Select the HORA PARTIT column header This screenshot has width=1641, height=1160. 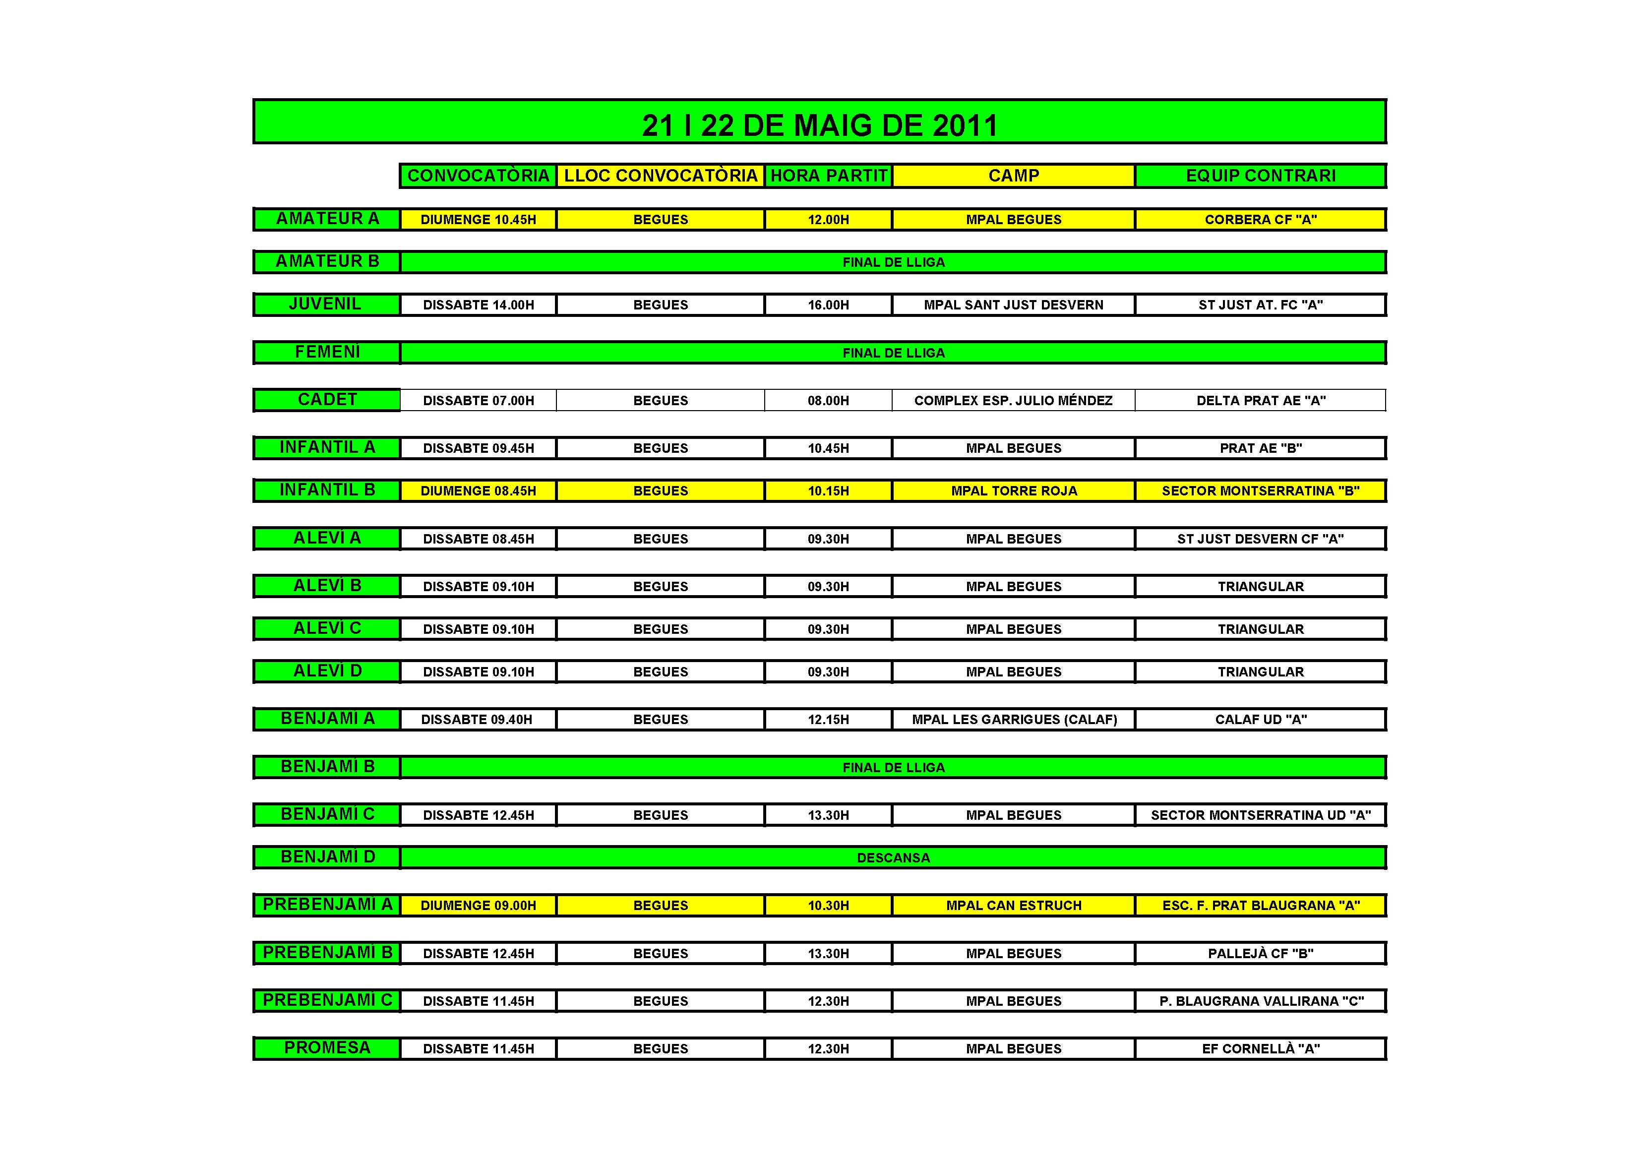pyautogui.click(x=828, y=176)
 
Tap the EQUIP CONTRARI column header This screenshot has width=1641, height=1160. pyautogui.click(x=1260, y=176)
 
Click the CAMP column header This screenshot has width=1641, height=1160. pyautogui.click(x=1014, y=176)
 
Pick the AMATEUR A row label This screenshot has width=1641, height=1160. pyautogui.click(x=327, y=219)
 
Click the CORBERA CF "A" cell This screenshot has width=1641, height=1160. pyautogui.click(x=1260, y=219)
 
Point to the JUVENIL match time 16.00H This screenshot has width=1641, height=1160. pyautogui.click(x=828, y=305)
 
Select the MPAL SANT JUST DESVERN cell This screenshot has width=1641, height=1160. pyautogui.click(x=1014, y=305)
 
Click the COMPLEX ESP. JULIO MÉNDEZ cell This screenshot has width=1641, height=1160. pyautogui.click(x=1014, y=401)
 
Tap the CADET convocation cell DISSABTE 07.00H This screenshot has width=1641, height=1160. pyautogui.click(x=478, y=401)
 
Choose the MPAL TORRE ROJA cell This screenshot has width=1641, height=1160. pyautogui.click(x=1014, y=491)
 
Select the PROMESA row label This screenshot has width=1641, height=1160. pyautogui.click(x=327, y=1048)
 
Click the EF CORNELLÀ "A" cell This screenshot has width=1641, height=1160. pyautogui.click(x=1260, y=1048)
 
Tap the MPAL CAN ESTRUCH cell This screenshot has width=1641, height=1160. pyautogui.click(x=1014, y=906)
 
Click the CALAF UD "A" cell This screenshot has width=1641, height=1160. pyautogui.click(x=1260, y=720)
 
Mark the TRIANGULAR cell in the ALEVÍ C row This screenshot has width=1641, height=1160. pyautogui.click(x=1260, y=629)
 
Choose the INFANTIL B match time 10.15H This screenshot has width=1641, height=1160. pyautogui.click(x=828, y=491)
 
